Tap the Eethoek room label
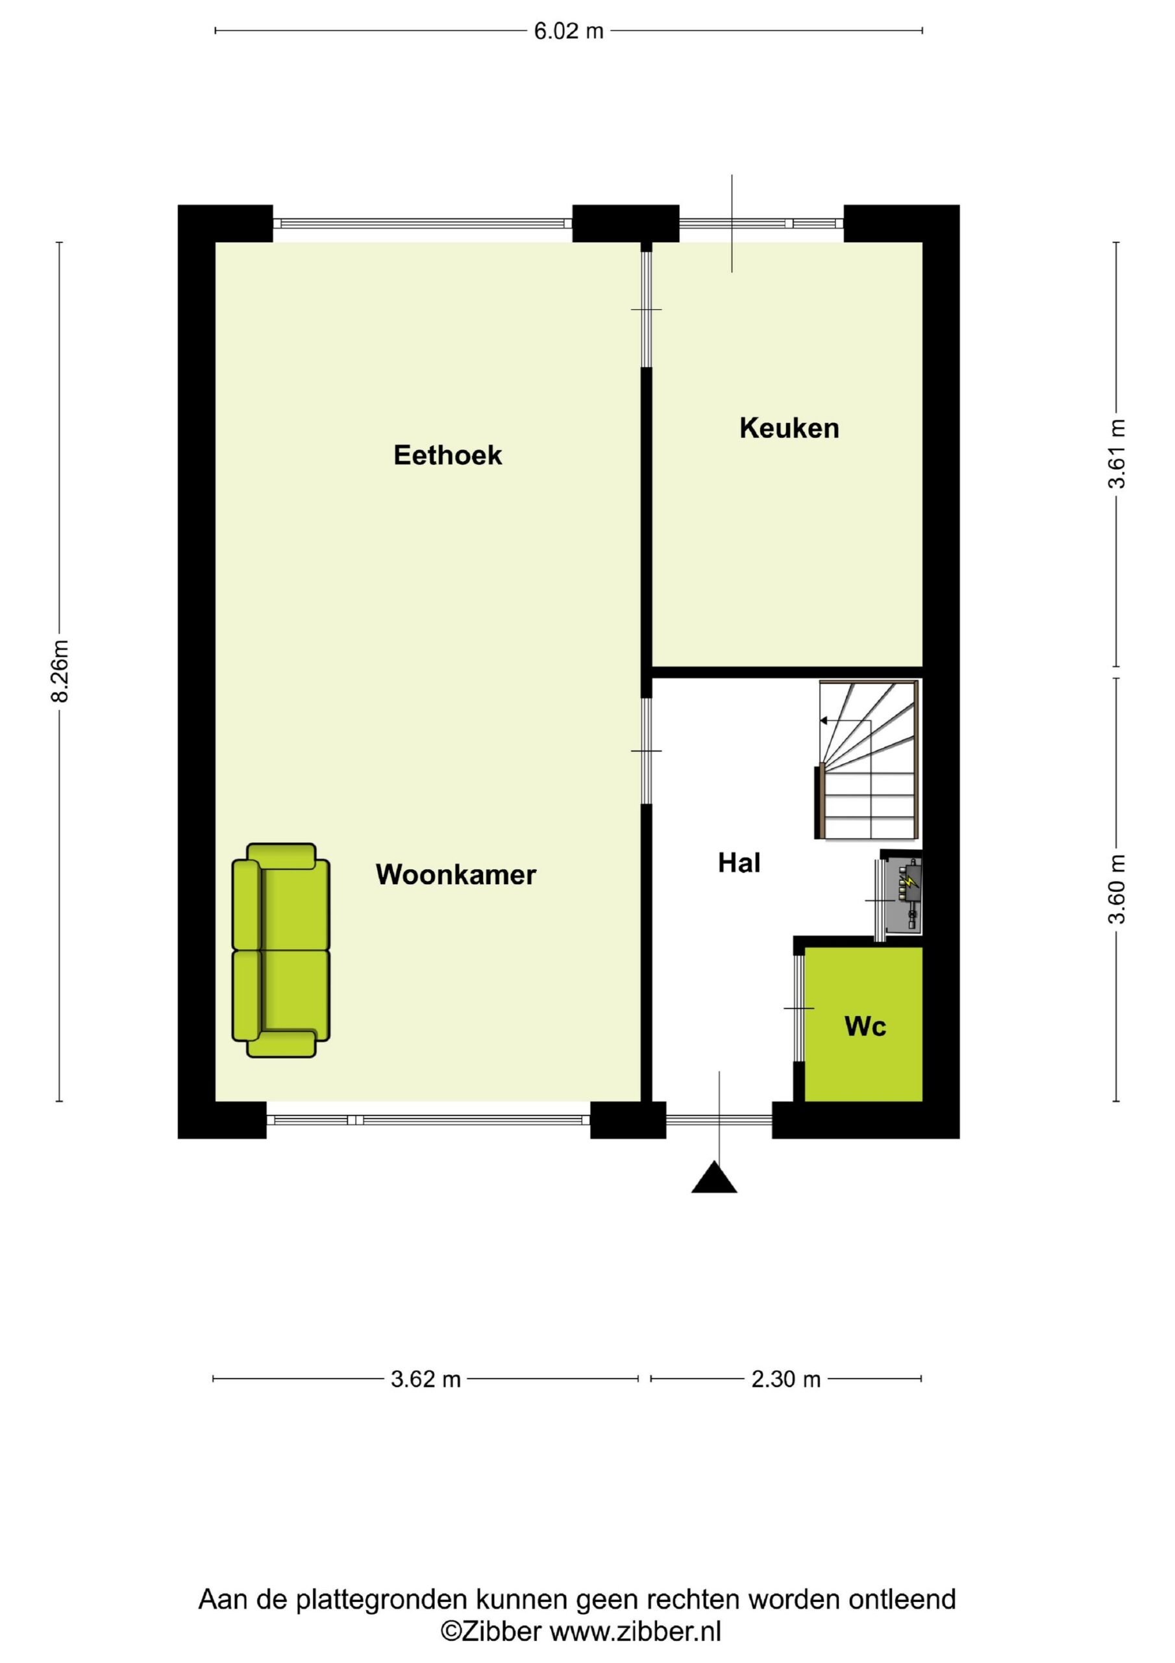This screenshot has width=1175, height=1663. tap(447, 455)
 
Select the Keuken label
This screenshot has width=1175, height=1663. tap(789, 428)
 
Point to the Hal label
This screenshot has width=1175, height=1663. tap(739, 863)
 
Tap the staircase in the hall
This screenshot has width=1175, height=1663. tap(869, 761)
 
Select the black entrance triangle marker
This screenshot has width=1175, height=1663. tap(714, 1178)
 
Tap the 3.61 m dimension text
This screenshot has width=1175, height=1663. tap(1117, 454)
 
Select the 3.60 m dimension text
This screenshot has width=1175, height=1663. tap(1117, 889)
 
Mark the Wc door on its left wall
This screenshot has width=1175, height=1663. tap(798, 1008)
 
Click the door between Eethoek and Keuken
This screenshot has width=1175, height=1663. tap(647, 309)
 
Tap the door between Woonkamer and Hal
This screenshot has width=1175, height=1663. tap(647, 750)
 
